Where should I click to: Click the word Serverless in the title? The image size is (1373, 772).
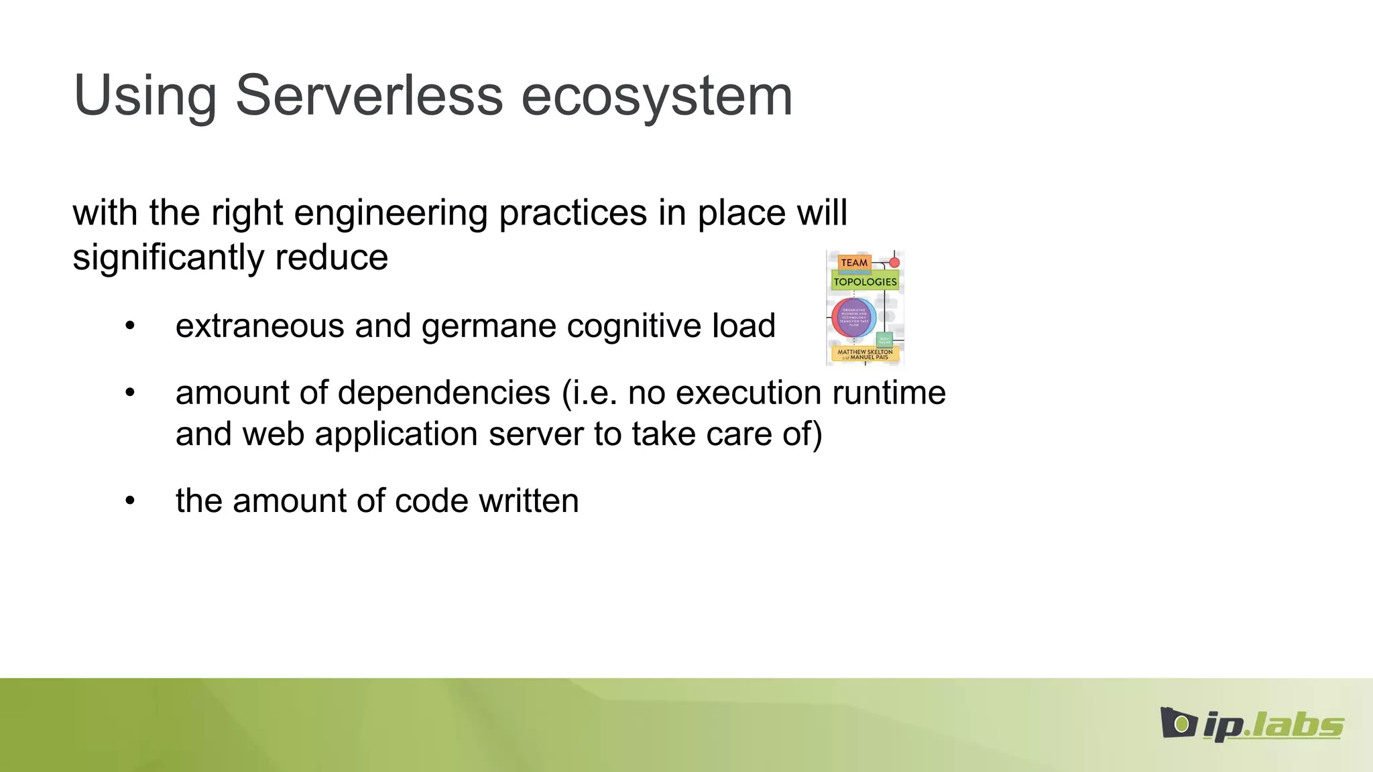point(369,96)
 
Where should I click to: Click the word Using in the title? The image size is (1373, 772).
point(145,96)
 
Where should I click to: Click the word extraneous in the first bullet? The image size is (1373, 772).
point(259,326)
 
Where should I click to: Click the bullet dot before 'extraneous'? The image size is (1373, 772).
point(130,326)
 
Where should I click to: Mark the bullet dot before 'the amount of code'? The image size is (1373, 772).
point(130,501)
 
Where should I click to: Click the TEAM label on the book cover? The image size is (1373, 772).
point(854,263)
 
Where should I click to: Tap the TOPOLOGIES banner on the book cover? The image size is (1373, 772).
point(865,281)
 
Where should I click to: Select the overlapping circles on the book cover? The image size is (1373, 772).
point(853,317)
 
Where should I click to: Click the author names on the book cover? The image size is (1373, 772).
point(865,354)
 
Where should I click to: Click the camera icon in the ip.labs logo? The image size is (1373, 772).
point(1178,723)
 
